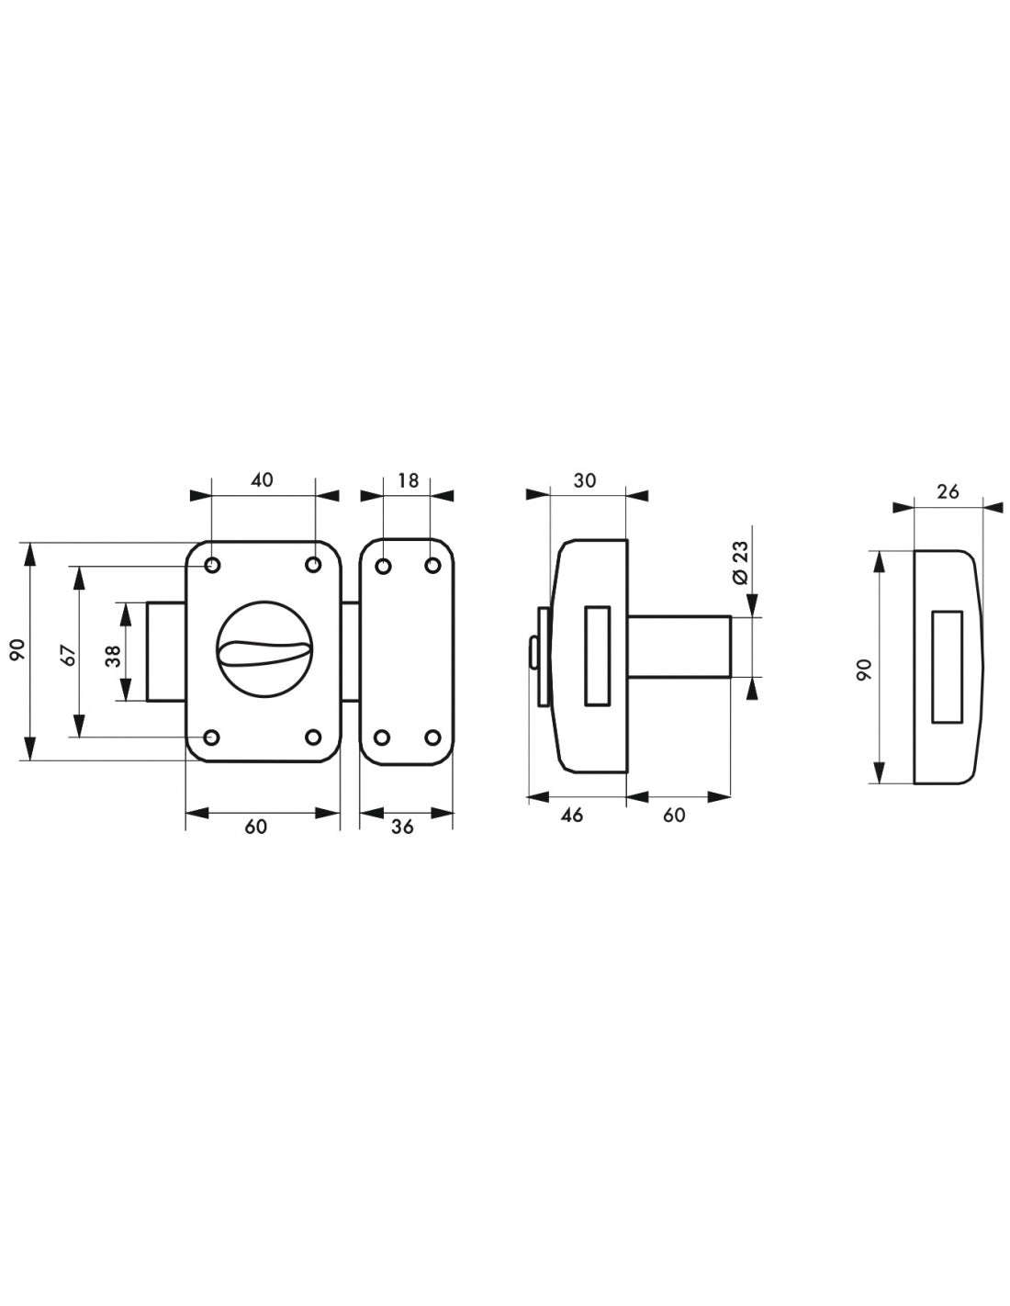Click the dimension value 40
(262, 479)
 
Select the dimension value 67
(71, 655)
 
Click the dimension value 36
(402, 827)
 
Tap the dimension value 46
(571, 815)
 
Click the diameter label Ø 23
(741, 562)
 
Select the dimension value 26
(948, 491)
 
